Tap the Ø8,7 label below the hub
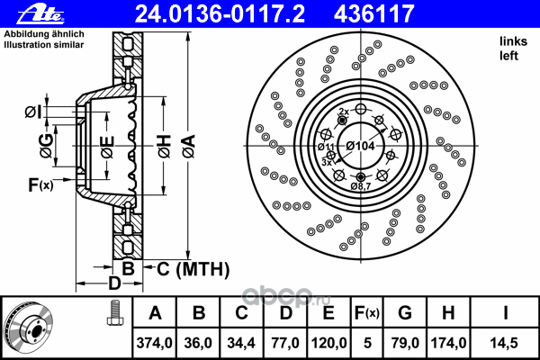pyautogui.click(x=361, y=185)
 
